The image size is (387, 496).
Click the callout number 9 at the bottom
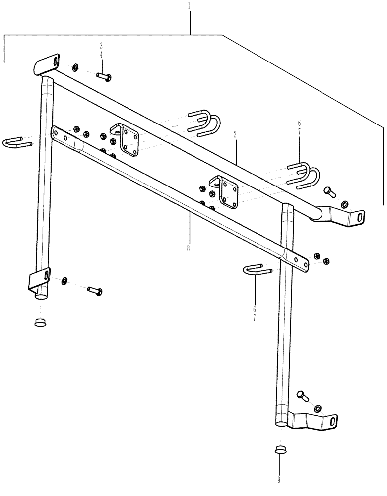tap(280, 479)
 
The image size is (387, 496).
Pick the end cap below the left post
tap(40, 323)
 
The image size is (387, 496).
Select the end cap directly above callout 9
tap(280, 450)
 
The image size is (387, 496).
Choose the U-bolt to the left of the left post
tap(17, 143)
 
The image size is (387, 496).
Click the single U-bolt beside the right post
tap(258, 271)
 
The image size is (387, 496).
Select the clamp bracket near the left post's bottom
tap(39, 280)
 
